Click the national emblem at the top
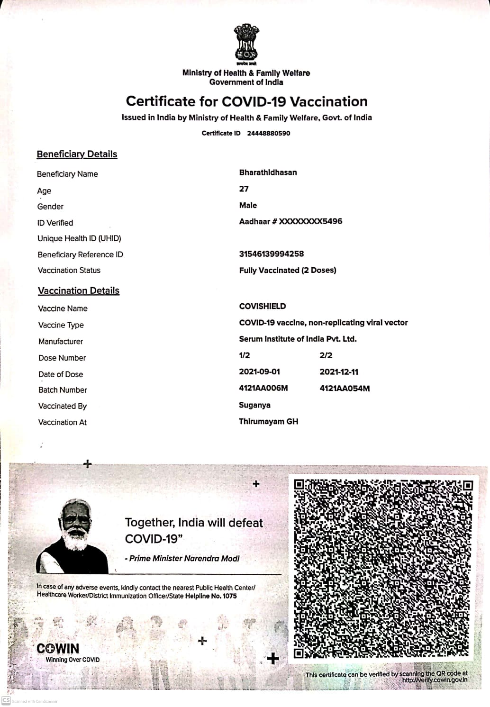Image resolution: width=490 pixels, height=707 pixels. click(246, 44)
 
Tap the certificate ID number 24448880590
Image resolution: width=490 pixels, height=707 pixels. click(268, 133)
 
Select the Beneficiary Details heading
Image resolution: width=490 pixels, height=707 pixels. click(77, 154)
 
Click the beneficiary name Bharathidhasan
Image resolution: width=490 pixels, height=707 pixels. click(268, 172)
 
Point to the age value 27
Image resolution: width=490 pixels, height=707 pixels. click(244, 189)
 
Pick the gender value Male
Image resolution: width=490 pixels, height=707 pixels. click(248, 205)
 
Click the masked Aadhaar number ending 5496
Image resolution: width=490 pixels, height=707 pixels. click(290, 221)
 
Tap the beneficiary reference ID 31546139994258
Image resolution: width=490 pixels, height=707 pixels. click(271, 254)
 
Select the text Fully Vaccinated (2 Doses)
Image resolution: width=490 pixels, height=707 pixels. click(288, 270)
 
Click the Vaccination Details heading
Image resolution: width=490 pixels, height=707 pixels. click(79, 290)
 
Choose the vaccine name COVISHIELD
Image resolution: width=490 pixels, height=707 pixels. click(263, 306)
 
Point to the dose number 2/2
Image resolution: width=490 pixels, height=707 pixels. click(326, 355)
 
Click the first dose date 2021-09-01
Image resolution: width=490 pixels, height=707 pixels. click(259, 372)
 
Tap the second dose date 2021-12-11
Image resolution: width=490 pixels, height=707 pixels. click(339, 372)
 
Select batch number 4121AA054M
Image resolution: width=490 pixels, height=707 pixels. click(345, 388)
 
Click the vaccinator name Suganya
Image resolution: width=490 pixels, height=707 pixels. click(254, 405)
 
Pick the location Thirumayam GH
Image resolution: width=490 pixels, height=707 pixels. click(268, 421)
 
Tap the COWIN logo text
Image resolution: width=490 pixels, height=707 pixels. click(58, 648)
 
